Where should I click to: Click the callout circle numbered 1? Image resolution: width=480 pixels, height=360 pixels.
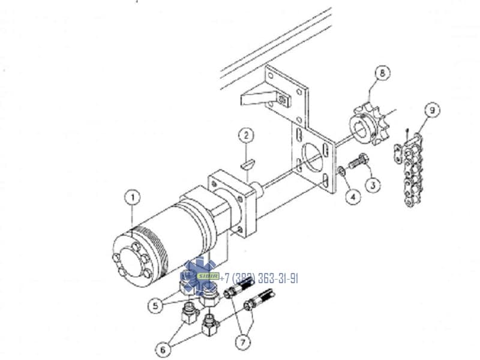(x=133, y=197)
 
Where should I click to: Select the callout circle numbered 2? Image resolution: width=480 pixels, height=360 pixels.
(x=247, y=136)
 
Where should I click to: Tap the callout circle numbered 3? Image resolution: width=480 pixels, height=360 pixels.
(x=373, y=185)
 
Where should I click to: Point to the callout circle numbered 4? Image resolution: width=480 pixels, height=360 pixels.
(x=353, y=197)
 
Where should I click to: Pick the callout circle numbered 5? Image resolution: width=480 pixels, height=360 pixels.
(x=155, y=305)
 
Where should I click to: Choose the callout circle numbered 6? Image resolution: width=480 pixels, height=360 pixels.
(x=163, y=349)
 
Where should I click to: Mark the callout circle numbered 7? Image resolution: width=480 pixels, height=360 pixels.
(x=243, y=342)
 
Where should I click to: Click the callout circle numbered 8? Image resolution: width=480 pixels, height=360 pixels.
(x=382, y=73)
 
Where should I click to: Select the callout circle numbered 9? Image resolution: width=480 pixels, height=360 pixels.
(x=432, y=110)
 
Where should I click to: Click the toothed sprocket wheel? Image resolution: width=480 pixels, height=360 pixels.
(x=370, y=125)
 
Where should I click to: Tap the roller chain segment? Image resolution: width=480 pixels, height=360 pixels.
(x=409, y=170)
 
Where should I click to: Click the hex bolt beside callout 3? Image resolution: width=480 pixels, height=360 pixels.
(x=358, y=161)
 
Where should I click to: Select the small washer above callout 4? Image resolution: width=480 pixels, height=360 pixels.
(x=342, y=171)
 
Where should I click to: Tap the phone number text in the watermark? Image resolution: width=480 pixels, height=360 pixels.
(x=259, y=278)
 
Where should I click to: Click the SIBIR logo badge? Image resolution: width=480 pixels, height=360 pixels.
(x=208, y=276)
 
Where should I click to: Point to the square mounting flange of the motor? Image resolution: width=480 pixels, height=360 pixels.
(x=232, y=203)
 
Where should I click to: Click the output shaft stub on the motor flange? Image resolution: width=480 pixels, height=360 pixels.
(x=257, y=190)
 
